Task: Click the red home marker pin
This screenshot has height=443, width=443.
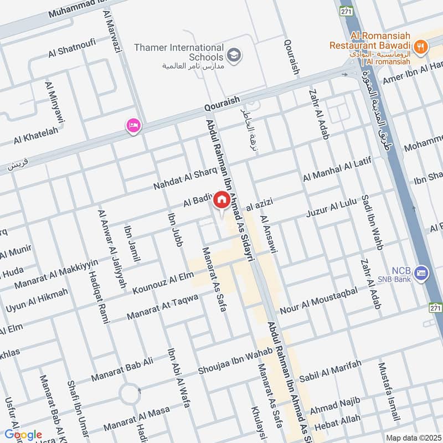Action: click(x=221, y=199)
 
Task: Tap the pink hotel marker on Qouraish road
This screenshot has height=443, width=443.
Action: click(x=133, y=126)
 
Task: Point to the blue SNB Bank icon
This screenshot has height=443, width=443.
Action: click(x=422, y=272)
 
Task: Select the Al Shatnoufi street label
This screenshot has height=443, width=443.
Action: click(x=71, y=47)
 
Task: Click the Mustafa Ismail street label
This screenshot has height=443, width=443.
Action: click(x=389, y=390)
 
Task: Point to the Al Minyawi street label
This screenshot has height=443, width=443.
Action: click(x=55, y=102)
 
